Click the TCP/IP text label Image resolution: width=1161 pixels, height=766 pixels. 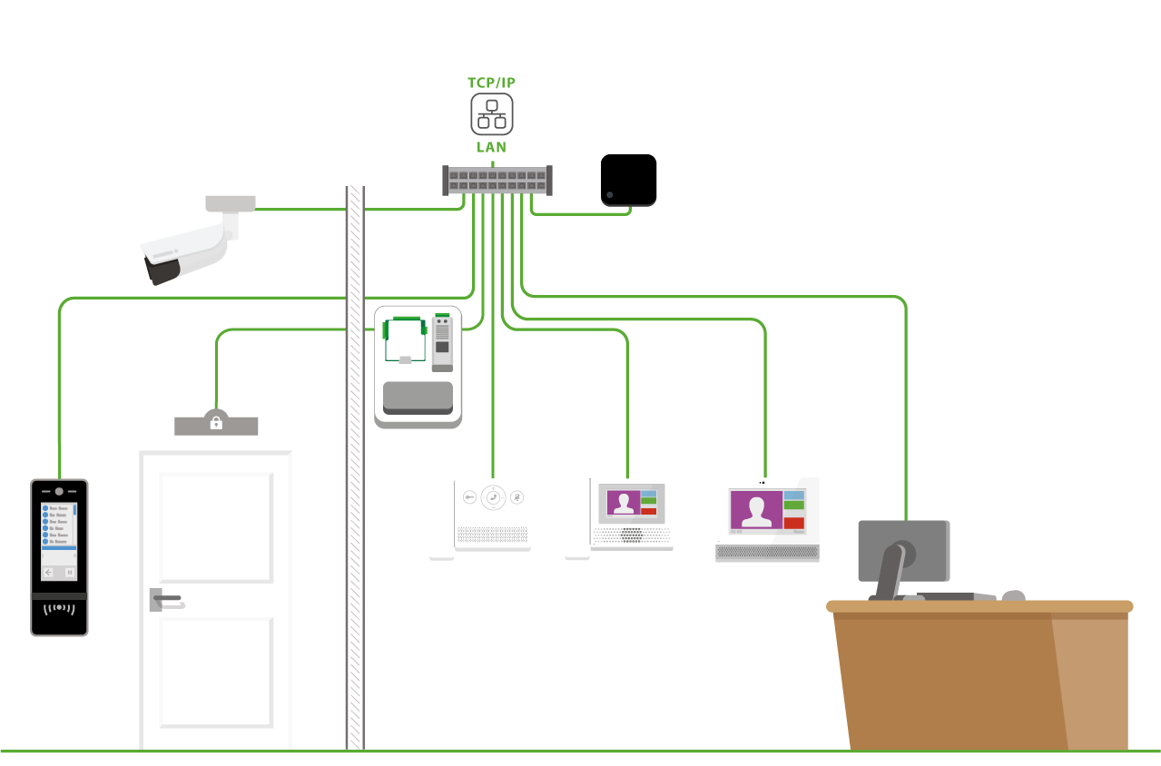491,82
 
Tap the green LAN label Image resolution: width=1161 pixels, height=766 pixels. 491,146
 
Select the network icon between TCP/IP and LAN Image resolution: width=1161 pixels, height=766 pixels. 491,114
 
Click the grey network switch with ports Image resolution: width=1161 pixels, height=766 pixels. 497,180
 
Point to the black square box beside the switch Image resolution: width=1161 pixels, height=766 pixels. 628,180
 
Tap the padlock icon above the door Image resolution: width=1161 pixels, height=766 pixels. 216,423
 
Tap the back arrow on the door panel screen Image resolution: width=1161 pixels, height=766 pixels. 49,573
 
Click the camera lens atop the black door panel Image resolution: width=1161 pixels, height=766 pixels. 59,490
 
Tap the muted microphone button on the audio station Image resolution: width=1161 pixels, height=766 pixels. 517,497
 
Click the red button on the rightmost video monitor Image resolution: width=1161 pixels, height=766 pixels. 793,523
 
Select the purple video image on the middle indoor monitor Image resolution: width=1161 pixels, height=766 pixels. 623,503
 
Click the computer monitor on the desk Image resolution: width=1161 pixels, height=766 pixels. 903,550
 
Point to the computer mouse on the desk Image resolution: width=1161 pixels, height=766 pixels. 1013,596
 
